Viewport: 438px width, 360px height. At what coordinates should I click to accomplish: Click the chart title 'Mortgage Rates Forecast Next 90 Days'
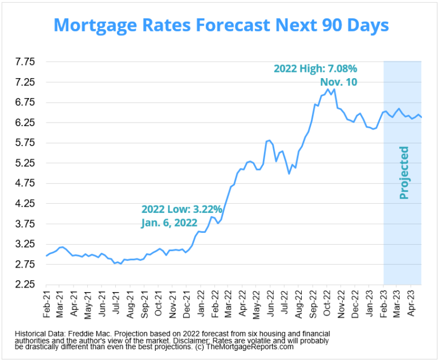click(x=221, y=25)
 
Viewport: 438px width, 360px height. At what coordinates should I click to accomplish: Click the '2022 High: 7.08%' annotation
click(x=315, y=68)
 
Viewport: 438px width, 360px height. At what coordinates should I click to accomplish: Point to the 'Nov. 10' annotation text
click(x=338, y=82)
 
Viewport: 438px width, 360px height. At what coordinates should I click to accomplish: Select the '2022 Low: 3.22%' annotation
click(x=182, y=209)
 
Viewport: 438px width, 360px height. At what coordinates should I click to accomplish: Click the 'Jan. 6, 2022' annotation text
click(x=169, y=223)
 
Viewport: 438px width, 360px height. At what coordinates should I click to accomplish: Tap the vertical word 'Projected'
click(x=404, y=173)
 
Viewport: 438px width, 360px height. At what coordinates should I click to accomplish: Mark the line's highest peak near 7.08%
click(x=334, y=89)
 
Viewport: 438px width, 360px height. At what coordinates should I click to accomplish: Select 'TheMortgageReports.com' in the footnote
click(x=251, y=346)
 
